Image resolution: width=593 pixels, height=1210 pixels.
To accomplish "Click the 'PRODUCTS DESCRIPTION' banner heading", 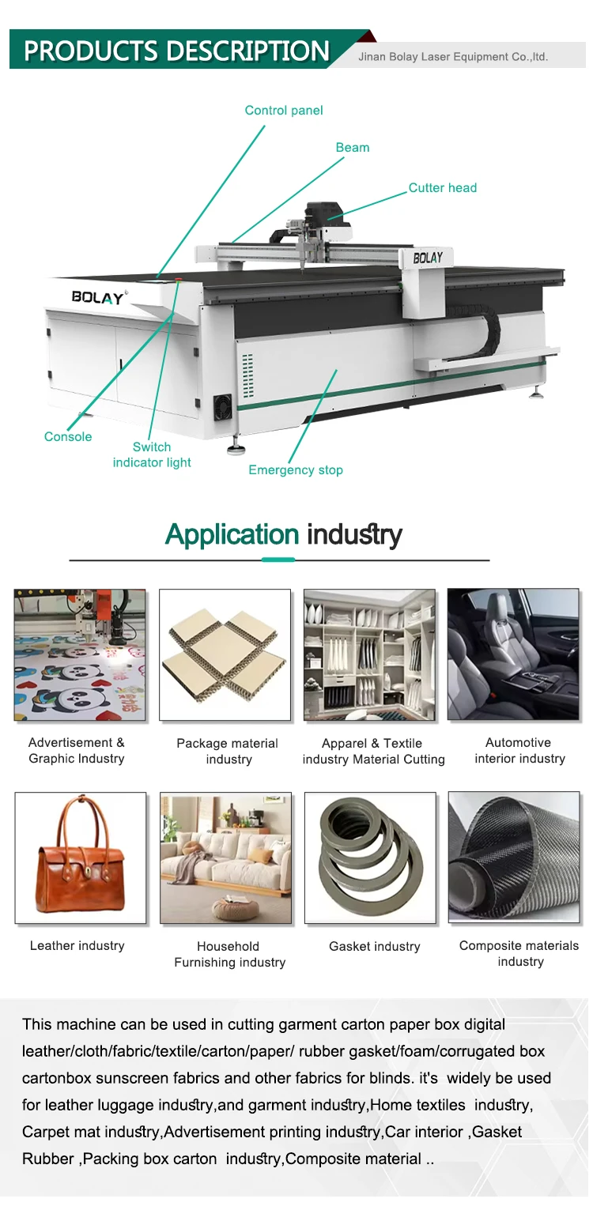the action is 176,51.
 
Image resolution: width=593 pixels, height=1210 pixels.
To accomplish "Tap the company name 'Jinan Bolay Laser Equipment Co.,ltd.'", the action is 453,57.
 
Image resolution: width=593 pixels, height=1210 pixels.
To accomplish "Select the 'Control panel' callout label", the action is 284,111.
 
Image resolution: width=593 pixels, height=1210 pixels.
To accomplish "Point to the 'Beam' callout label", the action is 353,148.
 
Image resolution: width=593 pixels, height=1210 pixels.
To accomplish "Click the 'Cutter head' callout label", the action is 443,188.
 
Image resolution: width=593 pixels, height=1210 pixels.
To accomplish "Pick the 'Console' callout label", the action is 68,437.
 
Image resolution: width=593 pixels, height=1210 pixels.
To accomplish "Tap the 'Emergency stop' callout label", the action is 296,470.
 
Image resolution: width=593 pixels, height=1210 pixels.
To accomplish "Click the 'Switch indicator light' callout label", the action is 152,454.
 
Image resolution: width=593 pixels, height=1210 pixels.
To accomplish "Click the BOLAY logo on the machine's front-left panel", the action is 98,297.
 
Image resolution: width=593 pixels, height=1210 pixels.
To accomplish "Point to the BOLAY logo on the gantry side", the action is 428,258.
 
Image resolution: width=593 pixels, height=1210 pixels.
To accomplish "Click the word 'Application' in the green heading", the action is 232,535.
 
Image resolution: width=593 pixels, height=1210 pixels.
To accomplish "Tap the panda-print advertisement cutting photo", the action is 80,654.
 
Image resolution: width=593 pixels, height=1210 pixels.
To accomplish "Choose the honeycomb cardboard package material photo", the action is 225,654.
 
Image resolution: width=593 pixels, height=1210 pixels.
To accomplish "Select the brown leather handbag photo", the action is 80,858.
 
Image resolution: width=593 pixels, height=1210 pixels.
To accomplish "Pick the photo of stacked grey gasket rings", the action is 370,858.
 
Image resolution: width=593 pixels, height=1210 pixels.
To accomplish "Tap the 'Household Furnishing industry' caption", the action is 229,954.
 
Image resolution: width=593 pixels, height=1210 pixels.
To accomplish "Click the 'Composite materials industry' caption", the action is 519,953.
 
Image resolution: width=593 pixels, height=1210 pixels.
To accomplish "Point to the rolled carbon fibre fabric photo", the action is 514,858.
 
